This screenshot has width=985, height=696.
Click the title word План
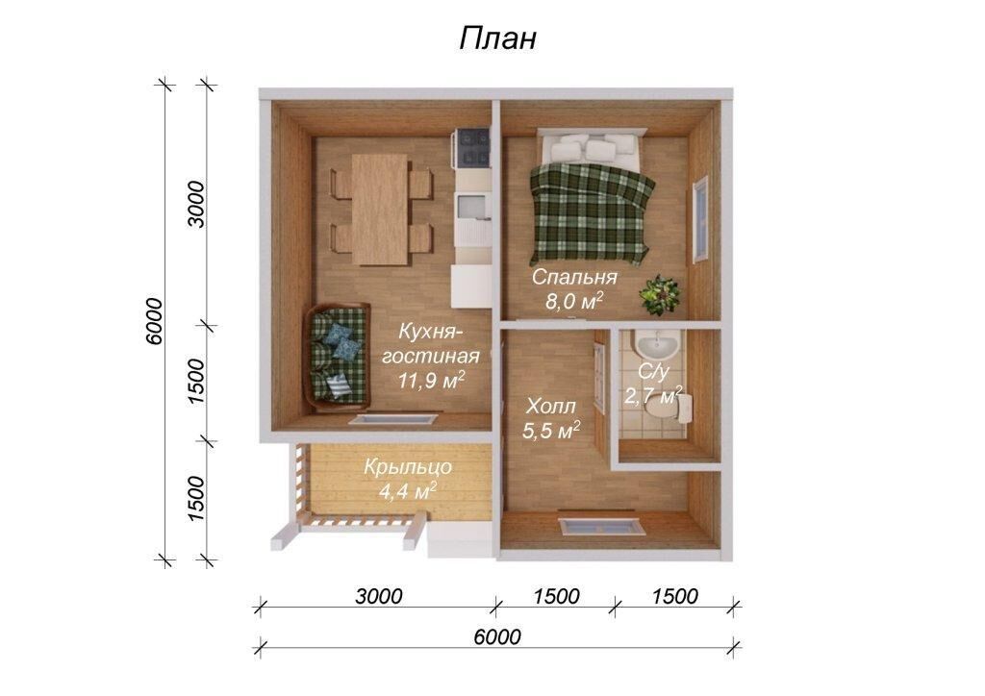click(x=497, y=38)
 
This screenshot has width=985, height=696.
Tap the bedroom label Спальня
click(x=574, y=277)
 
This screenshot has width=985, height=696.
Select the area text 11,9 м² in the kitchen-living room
click(x=432, y=379)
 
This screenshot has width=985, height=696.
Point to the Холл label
click(x=550, y=406)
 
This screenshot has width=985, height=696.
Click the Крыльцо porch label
click(x=408, y=467)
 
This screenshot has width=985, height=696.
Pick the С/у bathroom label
click(x=653, y=371)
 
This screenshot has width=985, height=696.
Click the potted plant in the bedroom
click(x=659, y=294)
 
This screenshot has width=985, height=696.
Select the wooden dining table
click(x=381, y=209)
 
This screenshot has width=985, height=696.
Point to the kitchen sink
click(x=472, y=207)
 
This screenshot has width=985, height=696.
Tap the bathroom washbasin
click(x=655, y=344)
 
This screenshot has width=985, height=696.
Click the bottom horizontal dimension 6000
click(x=497, y=636)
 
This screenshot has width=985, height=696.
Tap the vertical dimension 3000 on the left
click(x=197, y=205)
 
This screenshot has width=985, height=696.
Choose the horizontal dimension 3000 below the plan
click(x=378, y=596)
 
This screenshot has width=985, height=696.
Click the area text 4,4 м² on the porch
click(x=408, y=491)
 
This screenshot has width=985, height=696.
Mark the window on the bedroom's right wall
click(x=700, y=219)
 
